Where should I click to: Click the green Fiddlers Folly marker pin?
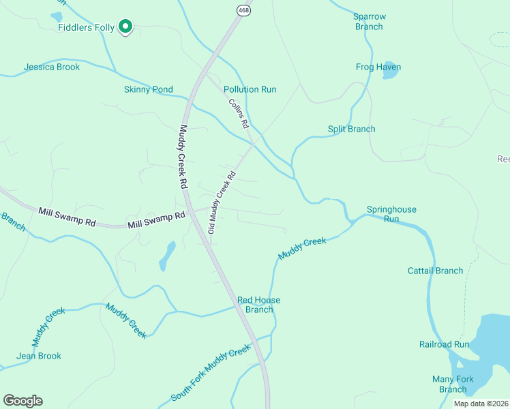[x=125, y=27]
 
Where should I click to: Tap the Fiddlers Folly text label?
[x=87, y=27]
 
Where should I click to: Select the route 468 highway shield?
[x=243, y=10]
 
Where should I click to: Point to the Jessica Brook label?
[x=52, y=67]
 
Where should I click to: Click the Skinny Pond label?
[x=148, y=89]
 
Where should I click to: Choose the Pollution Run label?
[x=250, y=89]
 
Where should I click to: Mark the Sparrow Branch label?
[x=369, y=21]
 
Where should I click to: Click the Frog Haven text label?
[x=378, y=67]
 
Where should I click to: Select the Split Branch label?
[x=351, y=129]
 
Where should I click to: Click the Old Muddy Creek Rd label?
[x=222, y=202]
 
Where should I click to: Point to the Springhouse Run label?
[x=391, y=214]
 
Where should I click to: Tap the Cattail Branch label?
[x=435, y=271]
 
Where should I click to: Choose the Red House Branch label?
[x=258, y=305]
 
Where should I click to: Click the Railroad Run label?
[x=444, y=344]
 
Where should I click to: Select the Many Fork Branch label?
[x=453, y=384]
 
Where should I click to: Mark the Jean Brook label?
[x=39, y=356]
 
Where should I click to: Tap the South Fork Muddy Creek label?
[x=211, y=373]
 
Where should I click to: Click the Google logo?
[x=22, y=400]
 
